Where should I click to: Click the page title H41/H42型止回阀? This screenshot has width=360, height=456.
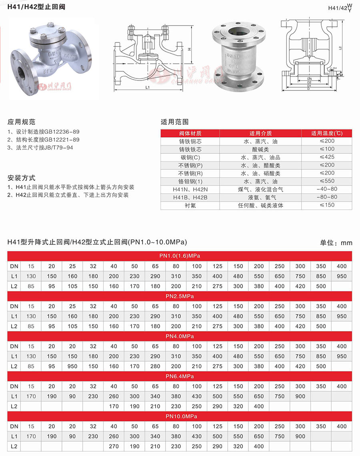[36, 7]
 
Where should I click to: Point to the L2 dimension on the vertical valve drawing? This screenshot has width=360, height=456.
[340, 48]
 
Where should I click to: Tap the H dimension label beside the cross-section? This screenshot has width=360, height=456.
[189, 49]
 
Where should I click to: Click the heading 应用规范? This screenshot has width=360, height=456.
[22, 122]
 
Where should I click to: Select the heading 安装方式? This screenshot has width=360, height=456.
[22, 177]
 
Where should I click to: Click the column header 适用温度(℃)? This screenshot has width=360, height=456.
[327, 133]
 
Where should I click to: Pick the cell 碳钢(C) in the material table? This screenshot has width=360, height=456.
[190, 157]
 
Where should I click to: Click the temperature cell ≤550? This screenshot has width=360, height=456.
[327, 181]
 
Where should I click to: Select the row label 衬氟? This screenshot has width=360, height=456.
[190, 205]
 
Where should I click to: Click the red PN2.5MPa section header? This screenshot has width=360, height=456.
[180, 296]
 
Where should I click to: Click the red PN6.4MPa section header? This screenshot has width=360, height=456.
[180, 376]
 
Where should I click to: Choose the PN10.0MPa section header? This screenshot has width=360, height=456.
[180, 416]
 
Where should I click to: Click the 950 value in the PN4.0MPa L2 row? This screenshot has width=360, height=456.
[72, 366]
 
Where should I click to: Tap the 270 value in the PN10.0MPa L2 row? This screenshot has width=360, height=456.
[114, 446]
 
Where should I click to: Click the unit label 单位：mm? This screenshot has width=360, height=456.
[336, 243]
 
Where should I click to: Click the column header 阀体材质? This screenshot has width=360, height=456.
[190, 133]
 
